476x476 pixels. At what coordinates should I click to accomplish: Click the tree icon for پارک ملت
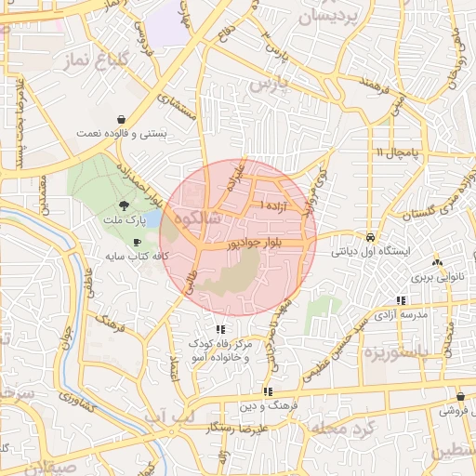[x=125, y=205]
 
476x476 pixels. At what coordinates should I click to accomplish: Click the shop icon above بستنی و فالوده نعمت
[x=123, y=119]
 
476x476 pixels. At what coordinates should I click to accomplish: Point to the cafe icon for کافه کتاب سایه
[x=138, y=242]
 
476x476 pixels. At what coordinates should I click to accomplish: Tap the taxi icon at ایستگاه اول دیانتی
[x=371, y=236]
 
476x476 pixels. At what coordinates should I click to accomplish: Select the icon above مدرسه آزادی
[x=401, y=300]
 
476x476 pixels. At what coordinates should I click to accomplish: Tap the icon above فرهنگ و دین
[x=268, y=391]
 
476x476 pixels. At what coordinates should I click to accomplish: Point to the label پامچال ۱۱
[x=399, y=152]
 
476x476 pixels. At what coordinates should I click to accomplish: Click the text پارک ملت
[x=125, y=220]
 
